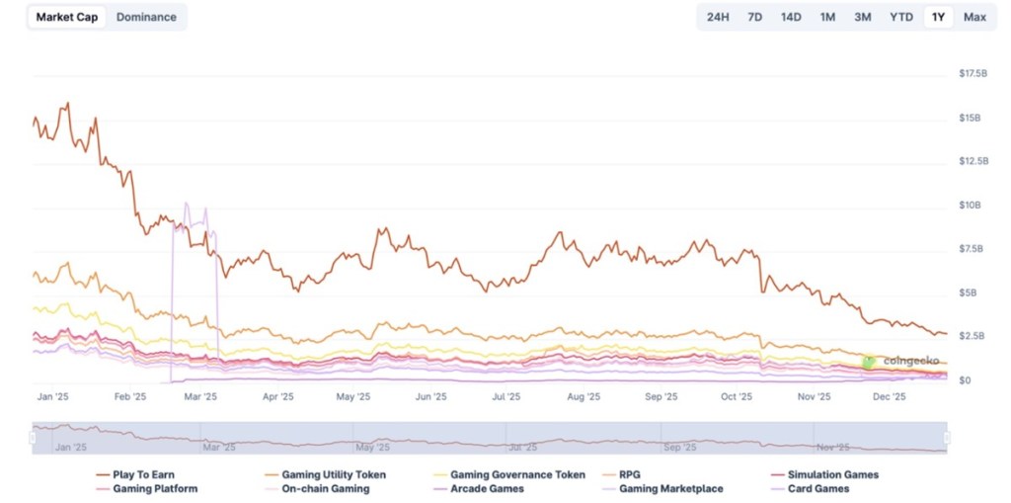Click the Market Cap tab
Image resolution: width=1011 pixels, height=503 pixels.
pyautogui.click(x=67, y=17)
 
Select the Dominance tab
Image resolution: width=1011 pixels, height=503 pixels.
pyautogui.click(x=146, y=17)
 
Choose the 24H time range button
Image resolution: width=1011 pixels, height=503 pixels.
pyautogui.click(x=718, y=17)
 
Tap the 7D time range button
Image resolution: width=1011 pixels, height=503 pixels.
pyautogui.click(x=754, y=17)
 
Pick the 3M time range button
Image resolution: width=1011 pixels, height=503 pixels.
pyautogui.click(x=863, y=17)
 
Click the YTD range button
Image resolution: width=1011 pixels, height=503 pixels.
pyautogui.click(x=900, y=17)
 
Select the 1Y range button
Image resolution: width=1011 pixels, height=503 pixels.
pyautogui.click(x=938, y=17)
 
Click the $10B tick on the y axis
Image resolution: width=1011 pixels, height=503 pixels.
pyautogui.click(x=970, y=206)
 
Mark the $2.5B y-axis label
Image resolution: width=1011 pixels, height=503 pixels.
pyautogui.click(x=972, y=337)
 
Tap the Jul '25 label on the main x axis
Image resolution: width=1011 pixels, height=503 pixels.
pyautogui.click(x=506, y=397)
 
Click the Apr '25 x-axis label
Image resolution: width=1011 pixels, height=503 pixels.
pyautogui.click(x=278, y=397)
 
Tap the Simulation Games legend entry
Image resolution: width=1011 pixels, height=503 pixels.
pyautogui.click(x=832, y=474)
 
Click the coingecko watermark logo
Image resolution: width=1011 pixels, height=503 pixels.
pyautogui.click(x=869, y=362)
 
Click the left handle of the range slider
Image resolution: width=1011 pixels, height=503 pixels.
pyautogui.click(x=33, y=437)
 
